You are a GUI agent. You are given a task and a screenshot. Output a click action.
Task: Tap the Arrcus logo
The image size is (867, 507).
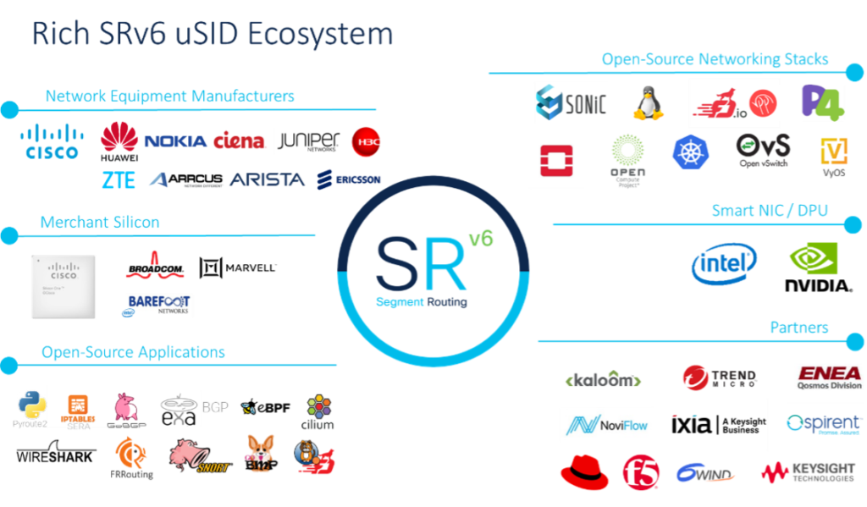click(186, 179)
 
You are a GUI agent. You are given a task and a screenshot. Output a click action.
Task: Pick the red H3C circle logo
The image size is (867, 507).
click(367, 142)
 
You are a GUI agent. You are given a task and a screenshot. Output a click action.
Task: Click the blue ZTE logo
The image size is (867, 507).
click(113, 179)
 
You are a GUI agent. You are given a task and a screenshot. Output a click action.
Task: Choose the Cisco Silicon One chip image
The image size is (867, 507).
click(65, 287)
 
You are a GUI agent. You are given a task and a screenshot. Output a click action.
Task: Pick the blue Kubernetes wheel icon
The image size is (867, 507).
click(689, 153)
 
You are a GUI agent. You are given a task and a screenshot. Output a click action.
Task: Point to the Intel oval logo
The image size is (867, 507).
click(725, 264)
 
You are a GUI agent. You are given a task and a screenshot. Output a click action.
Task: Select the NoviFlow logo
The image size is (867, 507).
click(609, 425)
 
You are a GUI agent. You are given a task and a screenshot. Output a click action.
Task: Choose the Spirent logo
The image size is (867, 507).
click(822, 424)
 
